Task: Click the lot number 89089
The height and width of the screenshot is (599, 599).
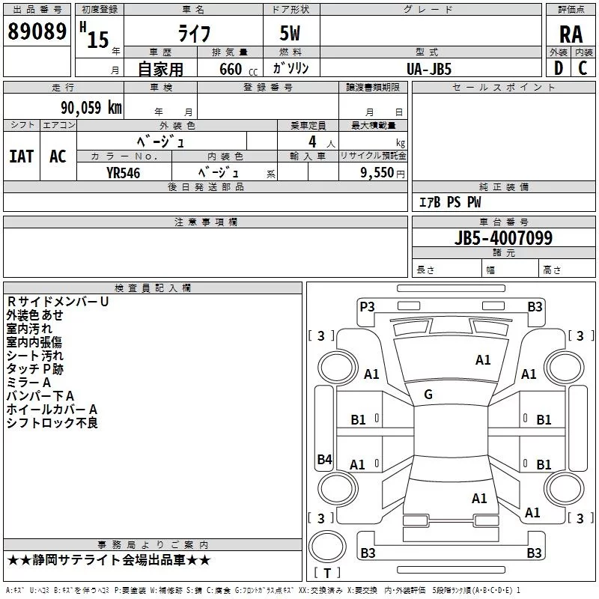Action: coord(36,32)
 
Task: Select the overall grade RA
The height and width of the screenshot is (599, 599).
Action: coord(571,34)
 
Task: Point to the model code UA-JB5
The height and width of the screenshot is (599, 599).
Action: coord(429,68)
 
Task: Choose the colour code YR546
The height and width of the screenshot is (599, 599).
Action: coord(123,171)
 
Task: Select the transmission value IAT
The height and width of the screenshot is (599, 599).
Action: coord(21,156)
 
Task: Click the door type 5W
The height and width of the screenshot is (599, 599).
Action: coord(290,34)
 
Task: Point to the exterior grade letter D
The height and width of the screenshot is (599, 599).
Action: coord(558,68)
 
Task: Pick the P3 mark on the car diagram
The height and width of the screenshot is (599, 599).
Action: coord(367,306)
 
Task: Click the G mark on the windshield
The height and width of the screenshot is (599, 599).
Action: coord(428,394)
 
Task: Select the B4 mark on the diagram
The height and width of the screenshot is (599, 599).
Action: coord(323,460)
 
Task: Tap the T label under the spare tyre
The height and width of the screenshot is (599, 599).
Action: coord(327,573)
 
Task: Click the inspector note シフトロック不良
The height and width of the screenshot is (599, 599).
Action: coord(52,423)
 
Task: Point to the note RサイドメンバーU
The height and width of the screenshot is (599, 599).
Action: coord(58,302)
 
